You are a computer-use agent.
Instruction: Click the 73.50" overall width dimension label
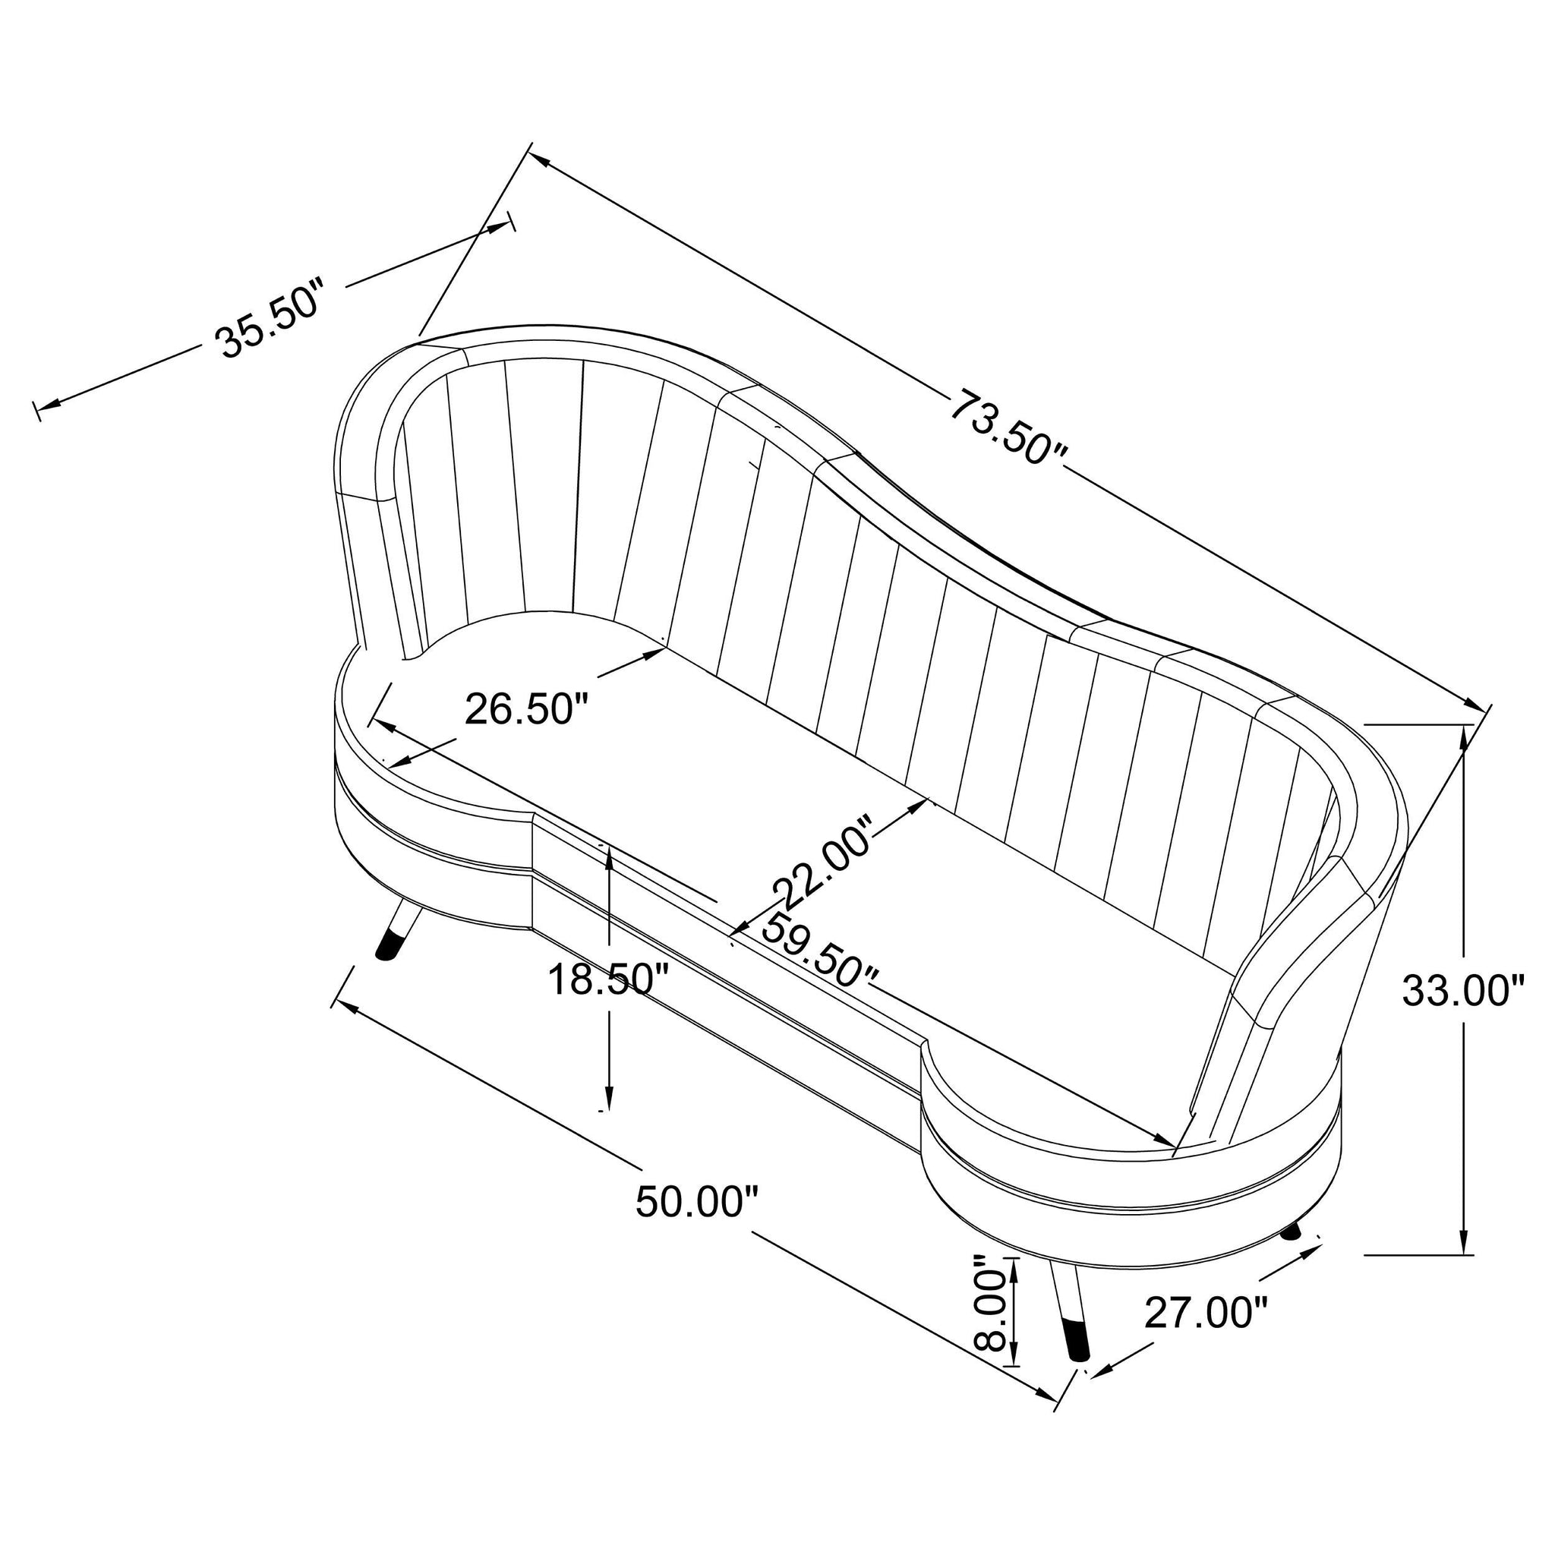(1009, 427)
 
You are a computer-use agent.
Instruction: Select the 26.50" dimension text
(527, 709)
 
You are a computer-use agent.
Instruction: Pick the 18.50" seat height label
(608, 979)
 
